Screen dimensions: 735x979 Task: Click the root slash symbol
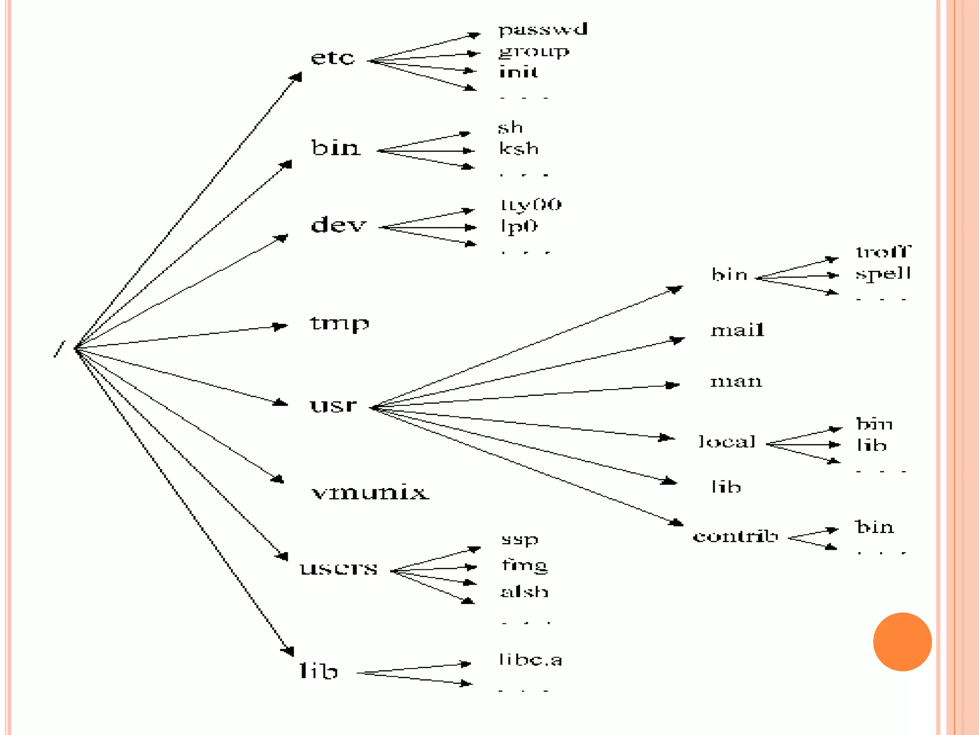pos(59,349)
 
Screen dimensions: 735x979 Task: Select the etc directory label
pos(333,58)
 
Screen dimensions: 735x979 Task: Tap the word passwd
pos(543,30)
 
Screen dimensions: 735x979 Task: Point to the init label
pos(519,72)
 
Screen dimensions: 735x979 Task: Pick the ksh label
pos(519,148)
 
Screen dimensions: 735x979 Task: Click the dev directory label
pos(338,224)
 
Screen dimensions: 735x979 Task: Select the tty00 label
pos(531,205)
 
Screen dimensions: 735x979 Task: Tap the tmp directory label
pos(339,323)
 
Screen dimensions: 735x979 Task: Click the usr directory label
pos(333,405)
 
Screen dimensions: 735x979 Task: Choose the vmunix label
pos(370,492)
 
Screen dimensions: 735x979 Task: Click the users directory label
pos(338,568)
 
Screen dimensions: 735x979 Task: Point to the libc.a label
pos(531,660)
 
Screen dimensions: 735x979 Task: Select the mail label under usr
pos(738,330)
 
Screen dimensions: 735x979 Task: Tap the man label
pos(736,381)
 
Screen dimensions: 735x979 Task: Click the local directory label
pos(727,441)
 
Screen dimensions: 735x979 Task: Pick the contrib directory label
pos(735,536)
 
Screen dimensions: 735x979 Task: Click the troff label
pos(883,252)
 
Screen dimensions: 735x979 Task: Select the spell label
pos(883,274)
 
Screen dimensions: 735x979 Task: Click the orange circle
pos(902,642)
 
